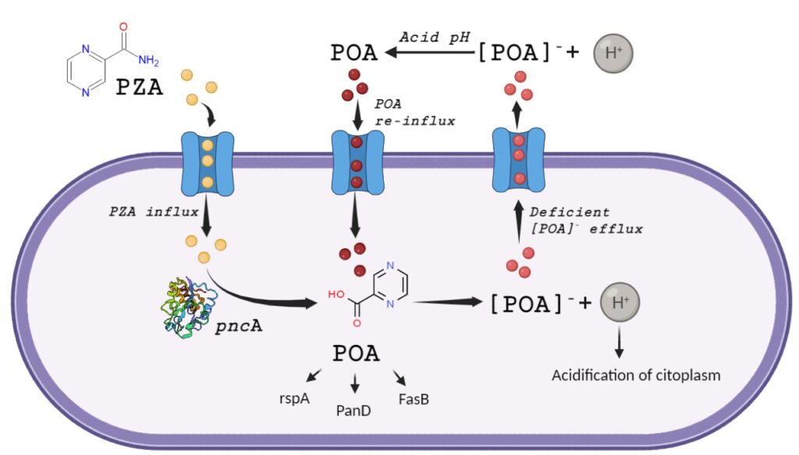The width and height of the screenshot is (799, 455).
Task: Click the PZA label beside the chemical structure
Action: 140,87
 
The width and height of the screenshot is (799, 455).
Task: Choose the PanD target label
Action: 354,408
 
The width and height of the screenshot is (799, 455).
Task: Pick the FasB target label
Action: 414,399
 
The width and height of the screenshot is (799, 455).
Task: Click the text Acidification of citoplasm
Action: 636,375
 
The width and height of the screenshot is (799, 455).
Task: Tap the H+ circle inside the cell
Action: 620,304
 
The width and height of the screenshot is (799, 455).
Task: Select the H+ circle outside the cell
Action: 613,53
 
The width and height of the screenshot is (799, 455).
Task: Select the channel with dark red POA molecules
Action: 357,162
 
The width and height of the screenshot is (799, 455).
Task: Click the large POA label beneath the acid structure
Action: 356,354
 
